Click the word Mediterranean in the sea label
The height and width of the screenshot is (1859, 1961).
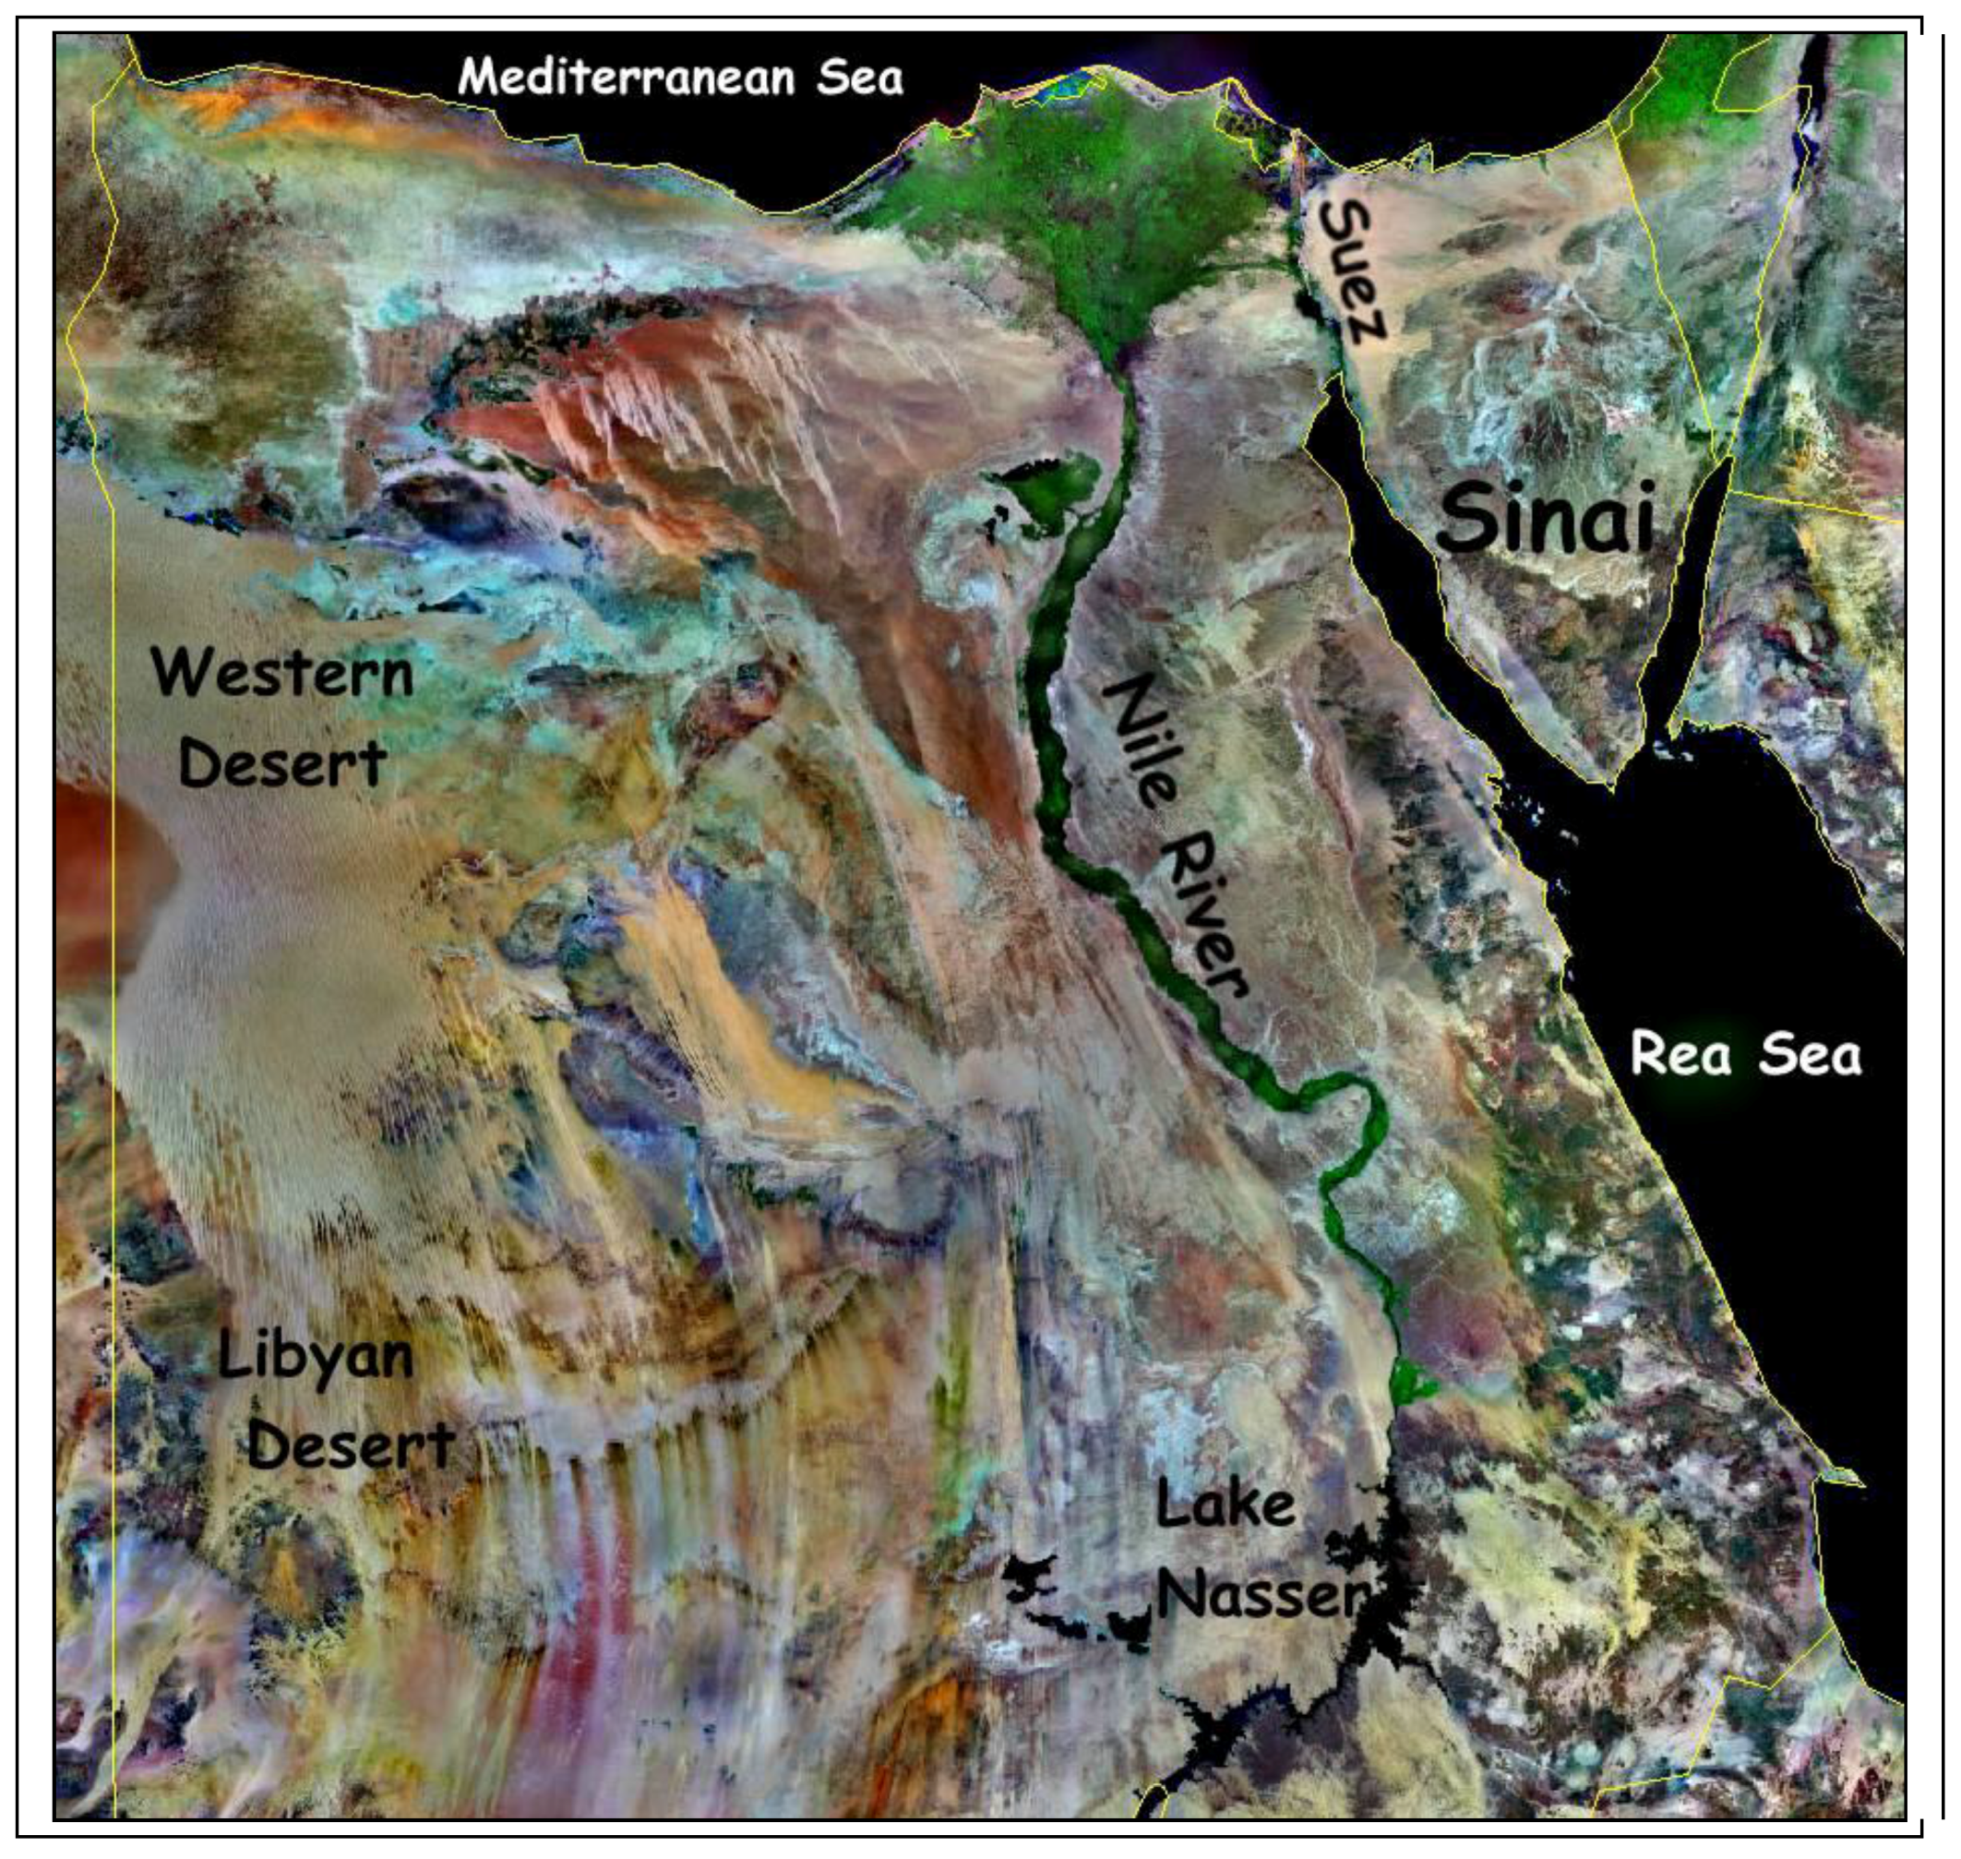626,78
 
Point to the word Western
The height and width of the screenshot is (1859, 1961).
282,673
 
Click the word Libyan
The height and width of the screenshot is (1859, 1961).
315,1356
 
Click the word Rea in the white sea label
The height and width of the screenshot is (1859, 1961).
1680,1052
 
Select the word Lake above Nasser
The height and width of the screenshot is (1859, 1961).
1226,1507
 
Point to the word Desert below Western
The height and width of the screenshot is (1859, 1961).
282,763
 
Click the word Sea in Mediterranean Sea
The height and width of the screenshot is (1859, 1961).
859,78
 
